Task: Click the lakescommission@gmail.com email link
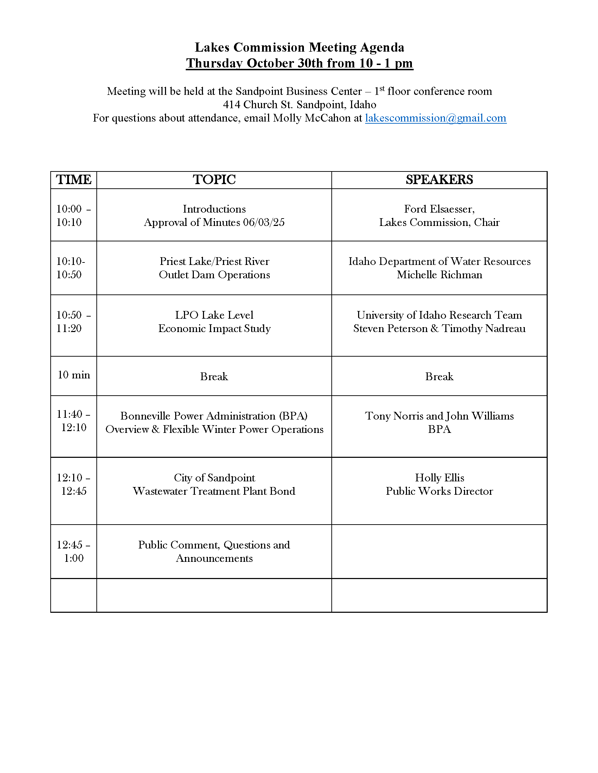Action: click(435, 118)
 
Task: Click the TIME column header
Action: click(74, 180)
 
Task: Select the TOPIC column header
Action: click(214, 180)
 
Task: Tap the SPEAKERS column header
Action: click(439, 180)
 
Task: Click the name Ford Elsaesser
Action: click(439, 209)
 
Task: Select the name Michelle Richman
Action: click(439, 275)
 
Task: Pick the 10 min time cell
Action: click(74, 375)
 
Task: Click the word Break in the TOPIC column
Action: click(214, 376)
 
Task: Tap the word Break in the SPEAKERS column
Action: click(439, 376)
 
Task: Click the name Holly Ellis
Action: click(439, 478)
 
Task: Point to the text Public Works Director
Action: click(439, 491)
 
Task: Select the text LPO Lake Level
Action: click(214, 315)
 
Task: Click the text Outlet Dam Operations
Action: click(214, 275)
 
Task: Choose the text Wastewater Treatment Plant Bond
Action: click(214, 491)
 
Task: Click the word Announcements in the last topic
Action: click(214, 559)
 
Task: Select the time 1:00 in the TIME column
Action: click(74, 558)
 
